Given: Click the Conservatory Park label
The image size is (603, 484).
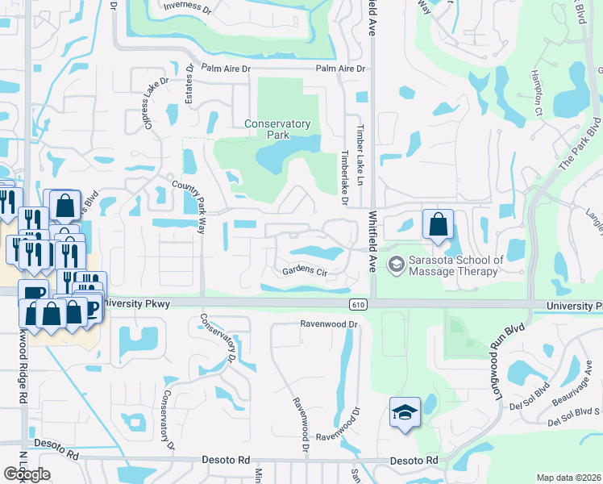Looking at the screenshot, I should click(x=277, y=129).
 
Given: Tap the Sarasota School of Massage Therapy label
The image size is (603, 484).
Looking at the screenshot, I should click(x=456, y=265).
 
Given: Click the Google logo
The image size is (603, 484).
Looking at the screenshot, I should click(x=27, y=474).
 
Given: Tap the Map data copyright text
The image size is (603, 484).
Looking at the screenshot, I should click(x=568, y=478).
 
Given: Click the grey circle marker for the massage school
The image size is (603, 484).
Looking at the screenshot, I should click(x=396, y=264).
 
